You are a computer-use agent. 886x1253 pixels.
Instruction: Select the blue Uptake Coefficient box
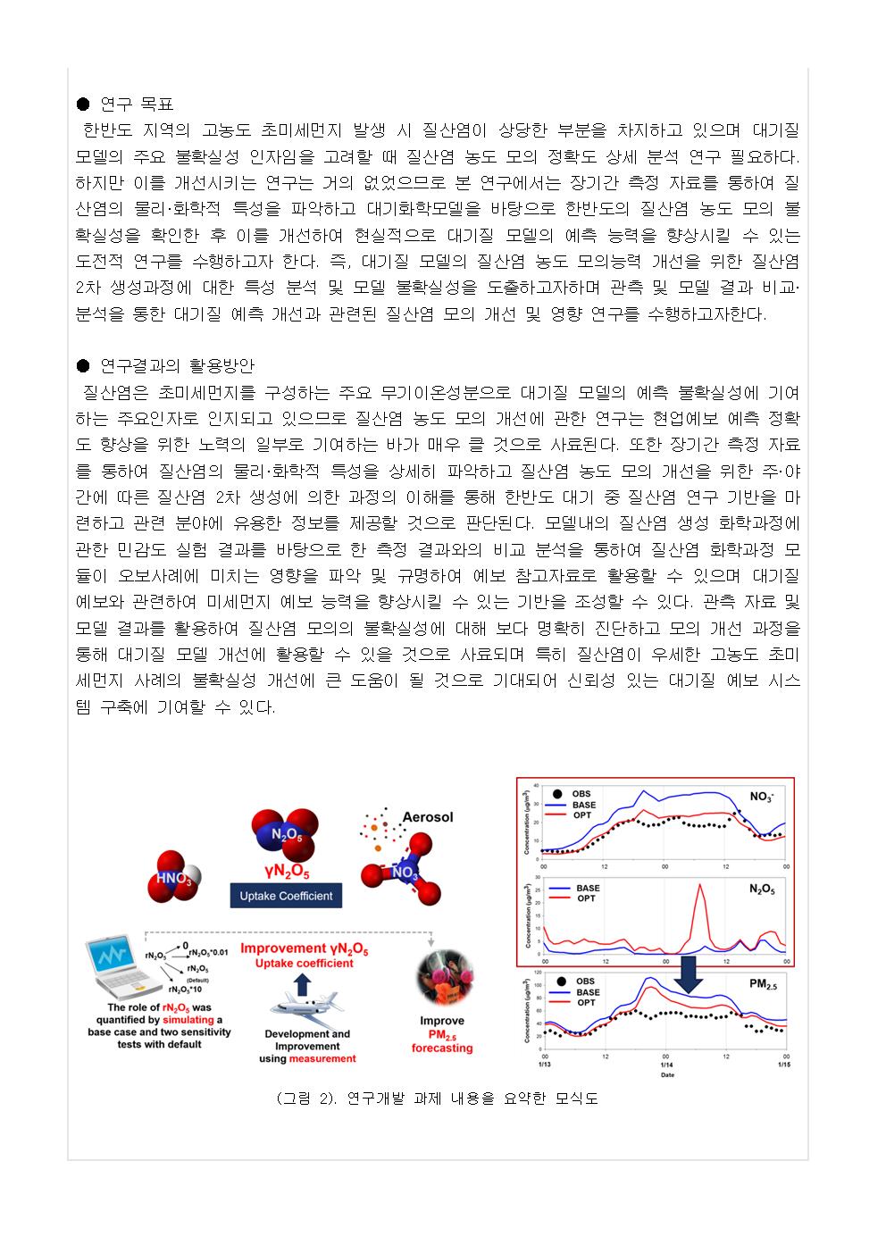point(286,895)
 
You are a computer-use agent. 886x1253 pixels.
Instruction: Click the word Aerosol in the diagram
point(428,816)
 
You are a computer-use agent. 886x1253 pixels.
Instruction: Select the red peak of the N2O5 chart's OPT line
point(700,887)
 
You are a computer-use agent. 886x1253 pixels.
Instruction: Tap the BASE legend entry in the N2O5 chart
point(588,888)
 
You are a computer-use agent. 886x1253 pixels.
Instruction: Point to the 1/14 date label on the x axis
point(664,1065)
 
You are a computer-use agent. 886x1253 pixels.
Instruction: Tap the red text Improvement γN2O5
point(305,948)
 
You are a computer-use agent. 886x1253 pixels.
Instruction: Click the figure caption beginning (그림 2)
point(437,1099)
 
